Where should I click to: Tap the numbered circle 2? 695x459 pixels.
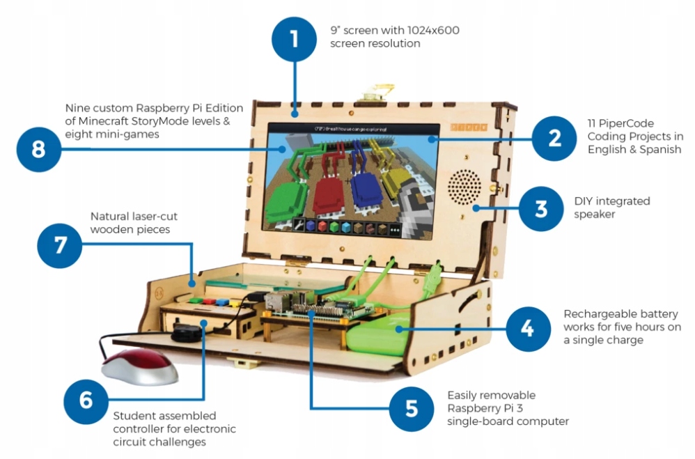tap(554, 138)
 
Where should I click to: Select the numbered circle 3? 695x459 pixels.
tap(541, 208)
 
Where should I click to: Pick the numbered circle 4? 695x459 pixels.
tap(529, 327)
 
